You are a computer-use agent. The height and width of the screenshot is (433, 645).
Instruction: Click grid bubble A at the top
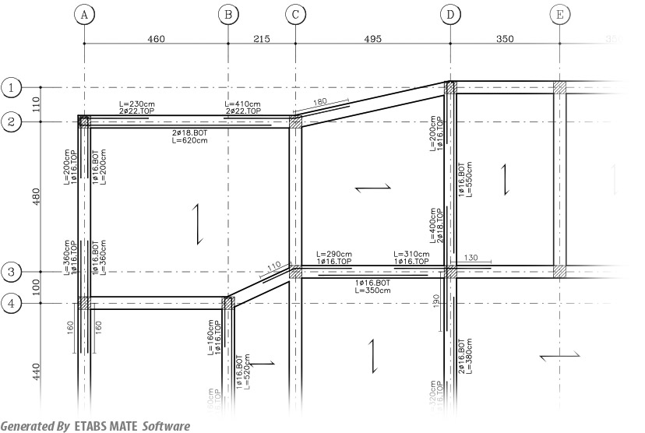tap(84, 15)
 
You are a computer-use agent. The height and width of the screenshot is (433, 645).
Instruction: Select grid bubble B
tap(227, 15)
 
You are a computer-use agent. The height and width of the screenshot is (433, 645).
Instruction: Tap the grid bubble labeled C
tap(295, 15)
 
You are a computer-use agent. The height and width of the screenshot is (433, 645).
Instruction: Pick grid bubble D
tap(450, 15)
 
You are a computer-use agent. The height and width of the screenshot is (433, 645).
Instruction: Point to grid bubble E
tap(559, 15)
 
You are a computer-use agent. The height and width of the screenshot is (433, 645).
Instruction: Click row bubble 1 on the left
tap(11, 87)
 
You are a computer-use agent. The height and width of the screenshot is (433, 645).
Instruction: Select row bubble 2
tap(11, 121)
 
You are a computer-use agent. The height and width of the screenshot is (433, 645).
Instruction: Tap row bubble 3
tap(11, 272)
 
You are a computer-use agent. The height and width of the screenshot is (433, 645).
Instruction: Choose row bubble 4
tap(11, 303)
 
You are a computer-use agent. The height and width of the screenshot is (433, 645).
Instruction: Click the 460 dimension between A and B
tap(156, 38)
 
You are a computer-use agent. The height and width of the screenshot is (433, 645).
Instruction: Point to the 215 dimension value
tap(262, 38)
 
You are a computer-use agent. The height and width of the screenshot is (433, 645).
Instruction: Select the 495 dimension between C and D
tap(372, 38)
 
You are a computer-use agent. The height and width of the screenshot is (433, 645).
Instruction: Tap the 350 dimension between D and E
tap(505, 38)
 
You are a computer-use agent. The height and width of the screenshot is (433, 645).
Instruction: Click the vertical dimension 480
tap(34, 197)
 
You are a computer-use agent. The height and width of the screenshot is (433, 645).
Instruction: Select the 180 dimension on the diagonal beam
tap(319, 102)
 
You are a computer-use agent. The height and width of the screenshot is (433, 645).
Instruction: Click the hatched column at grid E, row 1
tap(559, 88)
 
